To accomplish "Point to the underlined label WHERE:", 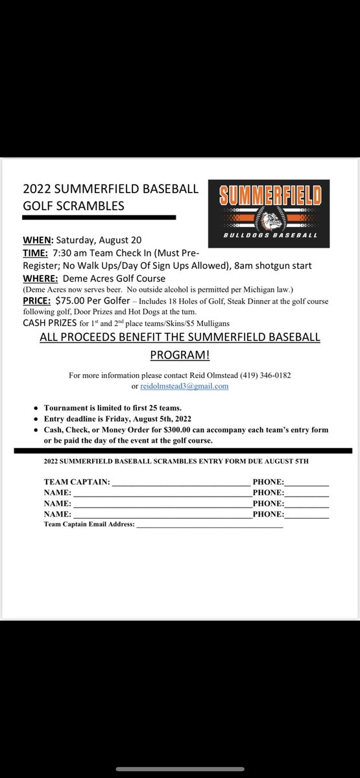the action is [x=40, y=279].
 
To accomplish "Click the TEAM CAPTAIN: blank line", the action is [x=180, y=482].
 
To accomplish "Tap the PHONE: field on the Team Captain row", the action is [x=306, y=482].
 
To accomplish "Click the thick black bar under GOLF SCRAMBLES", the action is [x=99, y=217].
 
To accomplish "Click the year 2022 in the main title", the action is [x=36, y=189].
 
